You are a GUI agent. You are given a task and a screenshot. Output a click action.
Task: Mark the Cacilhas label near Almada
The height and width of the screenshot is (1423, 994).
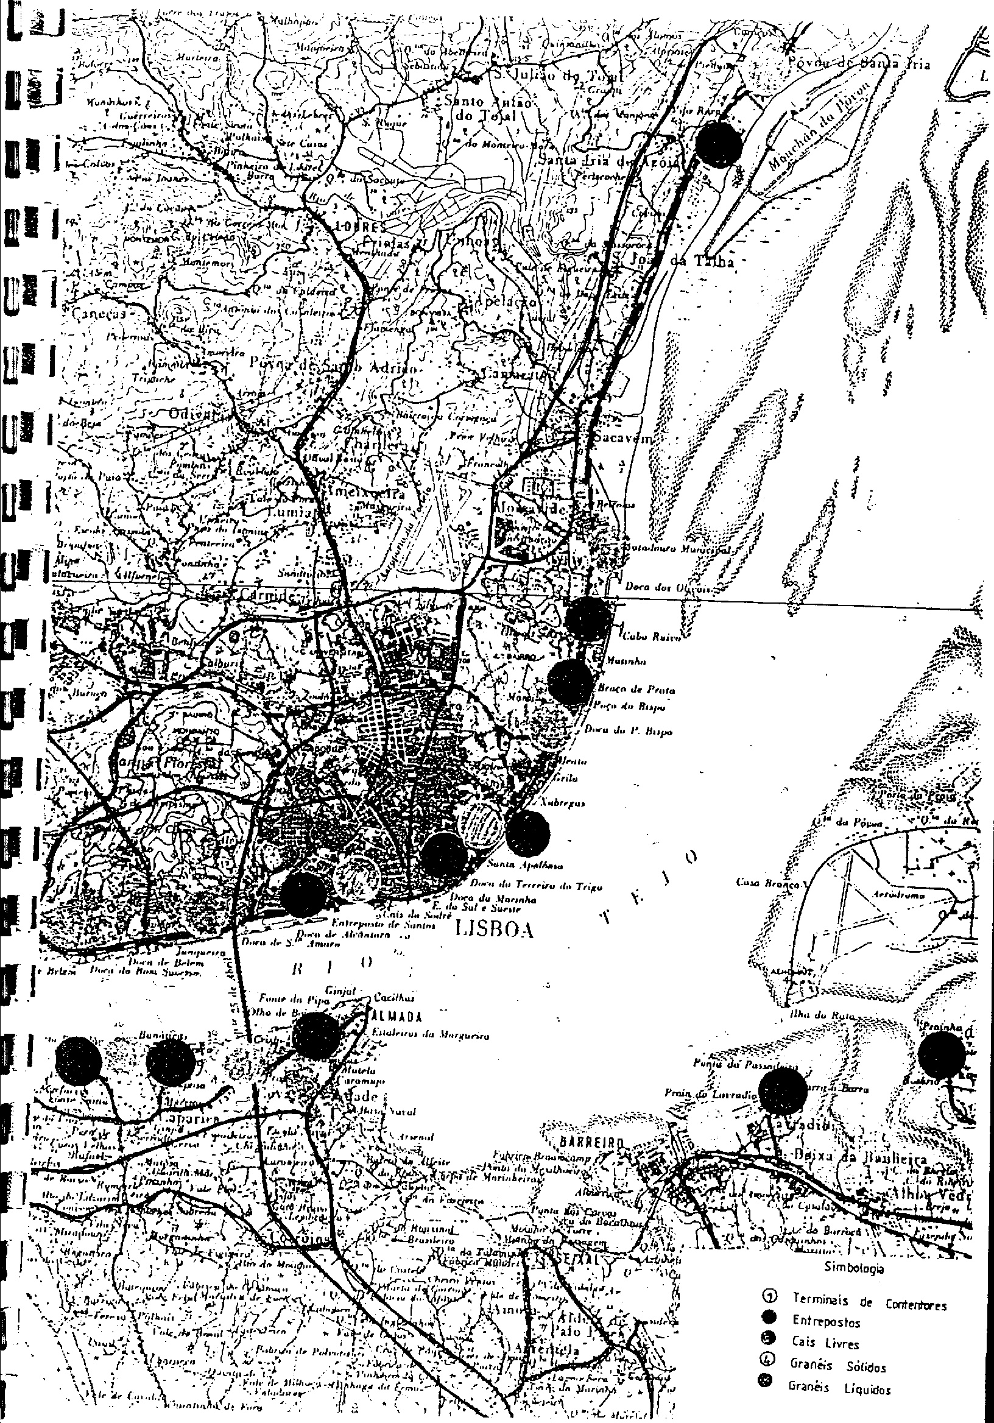393,998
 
